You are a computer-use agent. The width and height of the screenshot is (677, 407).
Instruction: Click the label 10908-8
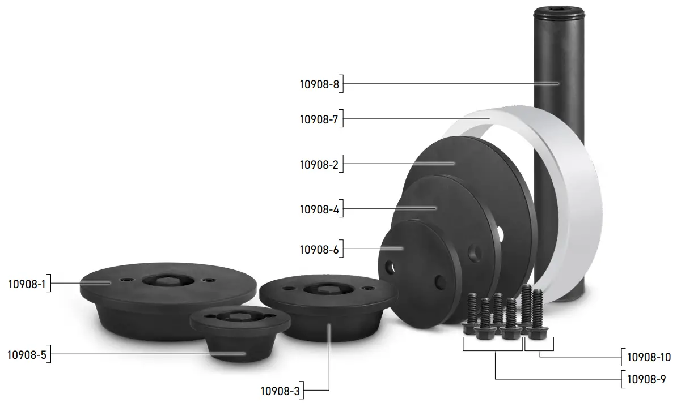click(x=319, y=85)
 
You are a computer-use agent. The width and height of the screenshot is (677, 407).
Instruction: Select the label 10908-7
click(x=319, y=119)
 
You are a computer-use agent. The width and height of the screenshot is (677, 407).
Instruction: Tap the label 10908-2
click(x=319, y=165)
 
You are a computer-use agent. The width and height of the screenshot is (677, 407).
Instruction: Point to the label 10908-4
click(x=319, y=209)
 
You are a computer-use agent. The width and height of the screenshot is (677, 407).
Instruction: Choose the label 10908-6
click(x=319, y=249)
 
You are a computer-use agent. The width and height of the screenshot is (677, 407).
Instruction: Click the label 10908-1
click(x=27, y=284)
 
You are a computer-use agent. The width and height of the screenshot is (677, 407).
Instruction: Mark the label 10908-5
click(x=27, y=355)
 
